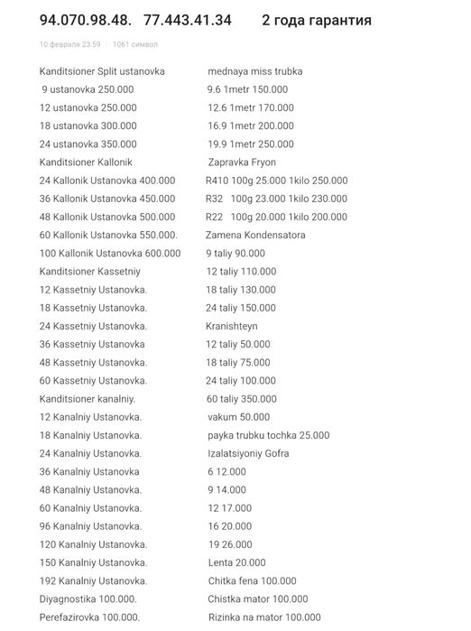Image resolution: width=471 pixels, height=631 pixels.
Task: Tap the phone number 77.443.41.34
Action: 187,20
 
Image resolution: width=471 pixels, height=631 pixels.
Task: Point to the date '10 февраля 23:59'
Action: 69,43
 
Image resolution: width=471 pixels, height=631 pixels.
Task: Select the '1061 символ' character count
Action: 135,43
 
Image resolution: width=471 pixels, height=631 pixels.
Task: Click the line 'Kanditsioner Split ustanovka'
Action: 102,71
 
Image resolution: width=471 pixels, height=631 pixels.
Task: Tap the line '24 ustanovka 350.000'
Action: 88,144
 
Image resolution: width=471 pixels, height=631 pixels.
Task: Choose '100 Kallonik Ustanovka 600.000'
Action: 110,254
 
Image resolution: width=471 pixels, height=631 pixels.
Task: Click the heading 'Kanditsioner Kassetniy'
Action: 90,272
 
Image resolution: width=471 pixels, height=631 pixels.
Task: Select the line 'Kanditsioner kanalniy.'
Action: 88,399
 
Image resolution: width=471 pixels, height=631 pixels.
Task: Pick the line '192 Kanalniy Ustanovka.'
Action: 93,580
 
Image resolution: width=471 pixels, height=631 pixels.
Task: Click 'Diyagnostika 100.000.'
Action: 88,599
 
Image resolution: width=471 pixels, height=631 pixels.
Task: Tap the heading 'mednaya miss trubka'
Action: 254,71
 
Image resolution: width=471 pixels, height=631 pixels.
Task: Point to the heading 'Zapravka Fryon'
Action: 242,162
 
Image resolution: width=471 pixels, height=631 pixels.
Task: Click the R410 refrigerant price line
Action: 276,181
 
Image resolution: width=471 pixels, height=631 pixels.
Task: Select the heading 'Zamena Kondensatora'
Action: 255,236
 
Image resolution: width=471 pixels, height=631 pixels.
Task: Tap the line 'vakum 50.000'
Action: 238,417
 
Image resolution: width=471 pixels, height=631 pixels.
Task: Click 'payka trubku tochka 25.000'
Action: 268,435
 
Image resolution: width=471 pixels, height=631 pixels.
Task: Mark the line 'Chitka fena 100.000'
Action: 252,580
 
